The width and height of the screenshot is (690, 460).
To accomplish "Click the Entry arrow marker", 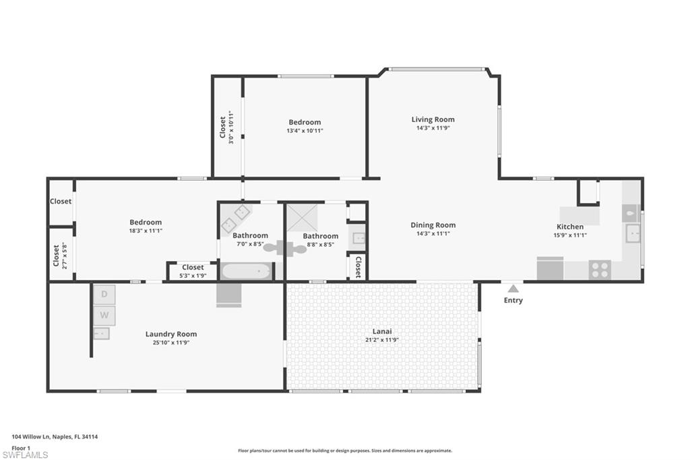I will pos(513,288).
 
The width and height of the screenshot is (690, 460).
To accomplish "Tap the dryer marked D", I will pos(104,294).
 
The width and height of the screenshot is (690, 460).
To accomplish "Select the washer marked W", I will pos(104,315).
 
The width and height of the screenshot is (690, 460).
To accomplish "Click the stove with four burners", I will pos(599,270).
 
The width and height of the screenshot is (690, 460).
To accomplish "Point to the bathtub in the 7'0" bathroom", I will pos(246,271).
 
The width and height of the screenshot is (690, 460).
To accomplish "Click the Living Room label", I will pos(433,119).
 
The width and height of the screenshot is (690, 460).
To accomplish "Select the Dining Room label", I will pos(433,225).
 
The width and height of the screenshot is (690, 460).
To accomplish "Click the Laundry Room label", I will pos(171,334).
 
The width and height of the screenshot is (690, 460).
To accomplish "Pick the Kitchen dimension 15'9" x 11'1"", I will pos(570,235).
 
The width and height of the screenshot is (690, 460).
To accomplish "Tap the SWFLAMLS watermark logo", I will pos(26,455).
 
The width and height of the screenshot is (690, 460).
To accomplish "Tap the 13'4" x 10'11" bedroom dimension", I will pos(305,131).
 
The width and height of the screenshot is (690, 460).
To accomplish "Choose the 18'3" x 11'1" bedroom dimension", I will pos(146,231).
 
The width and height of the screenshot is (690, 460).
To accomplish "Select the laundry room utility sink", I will pos(101,333).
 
